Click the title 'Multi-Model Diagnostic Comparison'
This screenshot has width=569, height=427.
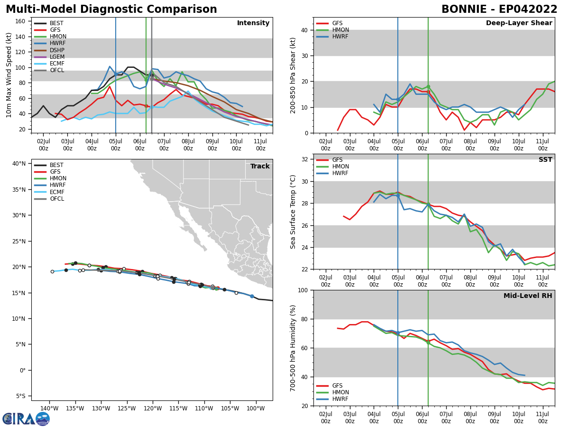pos(111,9)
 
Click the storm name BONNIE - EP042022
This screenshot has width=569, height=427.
pos(499,9)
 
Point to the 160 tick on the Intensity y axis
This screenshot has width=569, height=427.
pos(22,21)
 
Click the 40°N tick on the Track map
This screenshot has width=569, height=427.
pos(19,164)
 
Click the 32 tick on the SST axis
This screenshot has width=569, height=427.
pos(305,159)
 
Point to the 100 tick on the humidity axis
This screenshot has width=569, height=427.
pos(303,290)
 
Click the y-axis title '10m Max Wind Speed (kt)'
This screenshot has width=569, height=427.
pos(9,75)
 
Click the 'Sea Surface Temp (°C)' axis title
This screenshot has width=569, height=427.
pos(293,212)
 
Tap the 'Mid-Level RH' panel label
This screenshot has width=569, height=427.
pos(527,296)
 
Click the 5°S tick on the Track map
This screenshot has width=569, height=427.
pos(19,396)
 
